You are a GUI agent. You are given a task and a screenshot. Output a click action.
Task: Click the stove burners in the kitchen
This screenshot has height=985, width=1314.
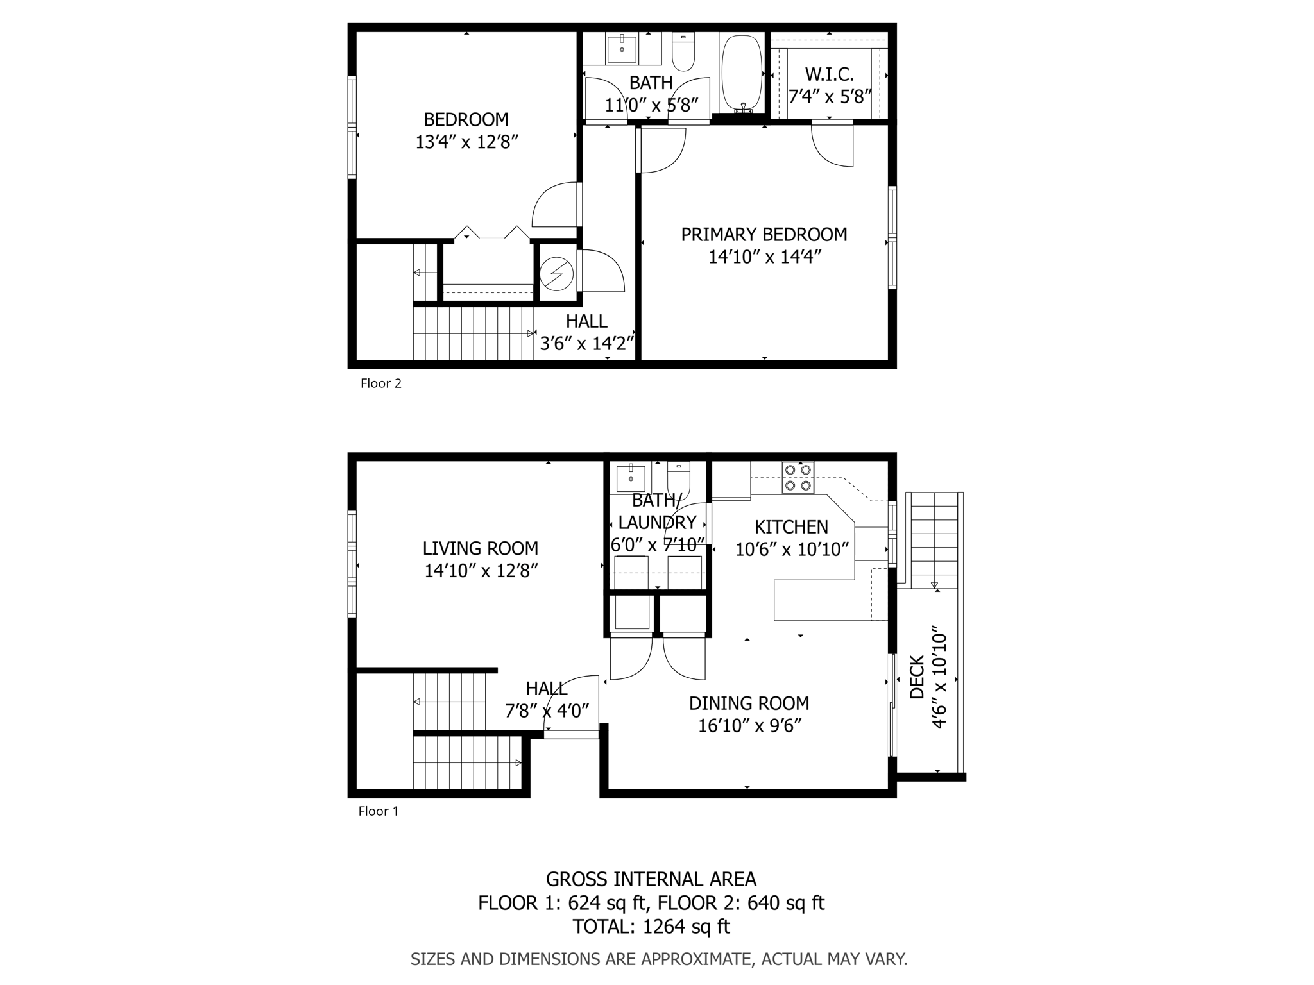point(798,478)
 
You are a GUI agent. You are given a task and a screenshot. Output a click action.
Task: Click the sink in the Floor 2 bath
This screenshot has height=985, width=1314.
point(621,49)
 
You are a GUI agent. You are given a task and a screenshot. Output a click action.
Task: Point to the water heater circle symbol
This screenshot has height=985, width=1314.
point(556,274)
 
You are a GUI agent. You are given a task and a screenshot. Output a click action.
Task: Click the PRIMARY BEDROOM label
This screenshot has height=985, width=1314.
point(764,235)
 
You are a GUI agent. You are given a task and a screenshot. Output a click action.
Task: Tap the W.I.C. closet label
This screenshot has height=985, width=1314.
point(829,74)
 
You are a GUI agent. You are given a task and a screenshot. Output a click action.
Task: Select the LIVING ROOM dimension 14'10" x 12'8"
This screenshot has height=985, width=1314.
point(481,571)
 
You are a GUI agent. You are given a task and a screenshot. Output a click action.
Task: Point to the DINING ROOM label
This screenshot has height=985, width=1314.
point(749,703)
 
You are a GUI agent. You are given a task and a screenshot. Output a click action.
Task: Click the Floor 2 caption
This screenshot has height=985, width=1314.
point(380,383)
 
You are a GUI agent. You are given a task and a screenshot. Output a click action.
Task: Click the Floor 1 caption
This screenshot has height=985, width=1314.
point(378,811)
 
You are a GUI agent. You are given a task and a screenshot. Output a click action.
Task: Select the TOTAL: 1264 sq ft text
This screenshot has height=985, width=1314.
point(651,927)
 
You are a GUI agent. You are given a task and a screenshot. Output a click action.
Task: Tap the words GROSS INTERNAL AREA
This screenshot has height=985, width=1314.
point(651,879)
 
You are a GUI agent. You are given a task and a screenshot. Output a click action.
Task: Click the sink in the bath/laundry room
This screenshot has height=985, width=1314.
point(631,478)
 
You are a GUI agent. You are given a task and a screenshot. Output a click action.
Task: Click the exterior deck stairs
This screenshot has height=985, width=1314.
point(934,539)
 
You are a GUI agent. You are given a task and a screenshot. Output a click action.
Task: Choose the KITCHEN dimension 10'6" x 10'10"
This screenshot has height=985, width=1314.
point(792,550)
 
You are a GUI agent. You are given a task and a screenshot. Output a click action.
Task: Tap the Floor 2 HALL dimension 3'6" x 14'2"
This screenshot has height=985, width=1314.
point(586,344)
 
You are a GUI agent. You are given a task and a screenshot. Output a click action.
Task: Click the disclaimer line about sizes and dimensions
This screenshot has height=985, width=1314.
point(658,959)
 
